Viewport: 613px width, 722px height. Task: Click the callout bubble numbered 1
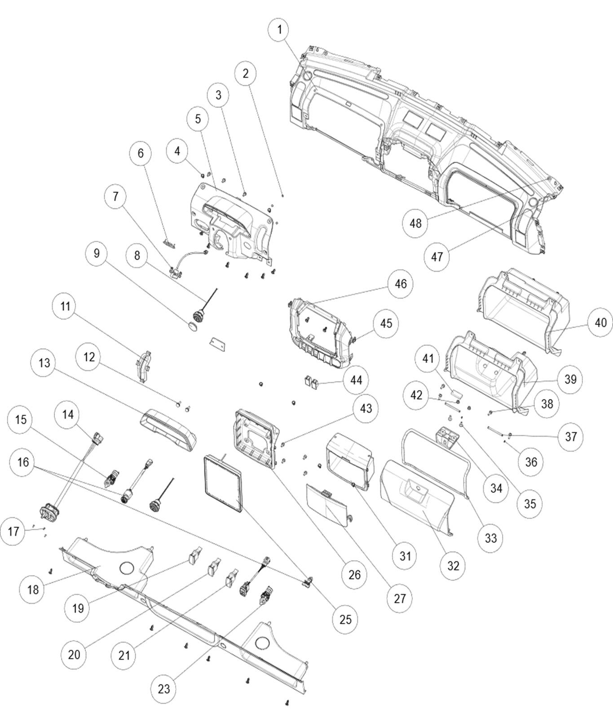point(280,30)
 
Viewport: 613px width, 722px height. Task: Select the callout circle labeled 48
point(415,222)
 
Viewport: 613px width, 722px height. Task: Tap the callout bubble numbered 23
point(163,688)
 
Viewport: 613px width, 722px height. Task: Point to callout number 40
point(600,322)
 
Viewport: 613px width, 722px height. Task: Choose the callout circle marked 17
point(13,532)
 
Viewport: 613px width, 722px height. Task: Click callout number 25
point(345,619)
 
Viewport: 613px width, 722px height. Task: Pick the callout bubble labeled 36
point(531,461)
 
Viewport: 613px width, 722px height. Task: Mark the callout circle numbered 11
point(66,306)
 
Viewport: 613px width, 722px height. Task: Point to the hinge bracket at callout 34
point(447,436)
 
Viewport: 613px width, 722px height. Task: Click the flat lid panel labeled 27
point(326,505)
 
